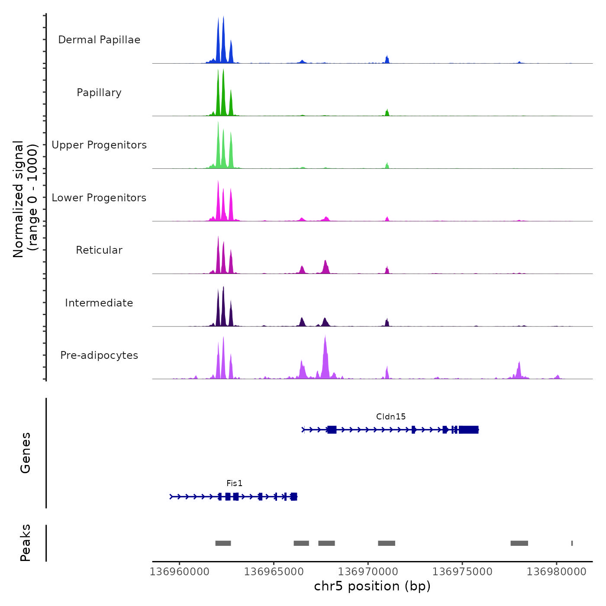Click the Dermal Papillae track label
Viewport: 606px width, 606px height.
(x=99, y=40)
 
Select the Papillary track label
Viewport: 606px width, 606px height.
(x=99, y=93)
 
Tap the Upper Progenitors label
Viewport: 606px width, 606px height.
(x=99, y=145)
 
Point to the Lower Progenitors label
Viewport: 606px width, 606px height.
(x=99, y=198)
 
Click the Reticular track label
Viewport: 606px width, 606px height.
(x=99, y=250)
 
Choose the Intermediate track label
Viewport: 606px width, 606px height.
(x=99, y=303)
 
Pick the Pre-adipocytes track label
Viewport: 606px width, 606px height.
(x=99, y=355)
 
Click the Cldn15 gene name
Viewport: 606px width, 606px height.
(x=391, y=417)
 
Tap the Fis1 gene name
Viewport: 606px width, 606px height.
(x=235, y=484)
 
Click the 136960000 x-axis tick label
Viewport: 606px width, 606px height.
(x=180, y=572)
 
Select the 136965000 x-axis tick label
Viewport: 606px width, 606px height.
(x=274, y=572)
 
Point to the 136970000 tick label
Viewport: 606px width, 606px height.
(x=368, y=572)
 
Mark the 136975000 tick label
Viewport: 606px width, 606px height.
(x=462, y=572)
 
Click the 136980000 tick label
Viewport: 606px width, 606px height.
(x=557, y=572)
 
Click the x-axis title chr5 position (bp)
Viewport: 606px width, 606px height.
(x=372, y=587)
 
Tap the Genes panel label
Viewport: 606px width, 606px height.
(x=26, y=453)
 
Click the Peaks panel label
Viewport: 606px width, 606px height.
(x=26, y=543)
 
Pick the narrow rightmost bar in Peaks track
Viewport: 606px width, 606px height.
(x=572, y=543)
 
